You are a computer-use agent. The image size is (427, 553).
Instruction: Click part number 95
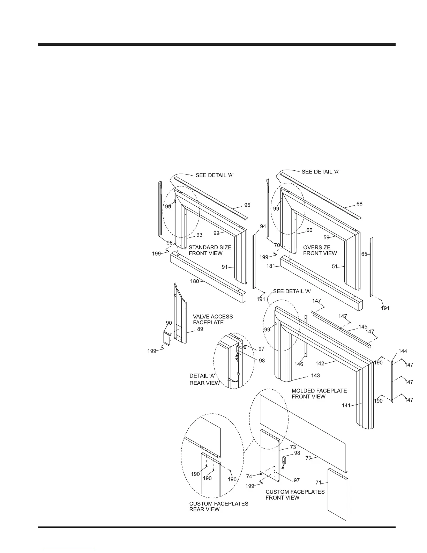(x=247, y=205)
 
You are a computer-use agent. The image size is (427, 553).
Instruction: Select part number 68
(x=359, y=204)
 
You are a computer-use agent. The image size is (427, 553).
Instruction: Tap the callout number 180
(x=195, y=281)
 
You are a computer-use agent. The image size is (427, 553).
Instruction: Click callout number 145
(x=363, y=326)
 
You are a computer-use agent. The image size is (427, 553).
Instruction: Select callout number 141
(x=346, y=405)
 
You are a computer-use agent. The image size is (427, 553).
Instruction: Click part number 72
(x=308, y=458)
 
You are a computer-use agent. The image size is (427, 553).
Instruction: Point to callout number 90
(x=169, y=323)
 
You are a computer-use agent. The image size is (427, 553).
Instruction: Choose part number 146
(x=299, y=364)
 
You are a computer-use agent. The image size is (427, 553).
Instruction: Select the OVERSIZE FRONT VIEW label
(x=320, y=250)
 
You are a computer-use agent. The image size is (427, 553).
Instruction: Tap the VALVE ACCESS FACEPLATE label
(x=213, y=319)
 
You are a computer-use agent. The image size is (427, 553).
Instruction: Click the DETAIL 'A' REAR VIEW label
(x=204, y=379)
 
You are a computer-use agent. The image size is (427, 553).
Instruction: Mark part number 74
(x=249, y=476)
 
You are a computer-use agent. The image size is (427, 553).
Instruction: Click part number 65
(x=364, y=254)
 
